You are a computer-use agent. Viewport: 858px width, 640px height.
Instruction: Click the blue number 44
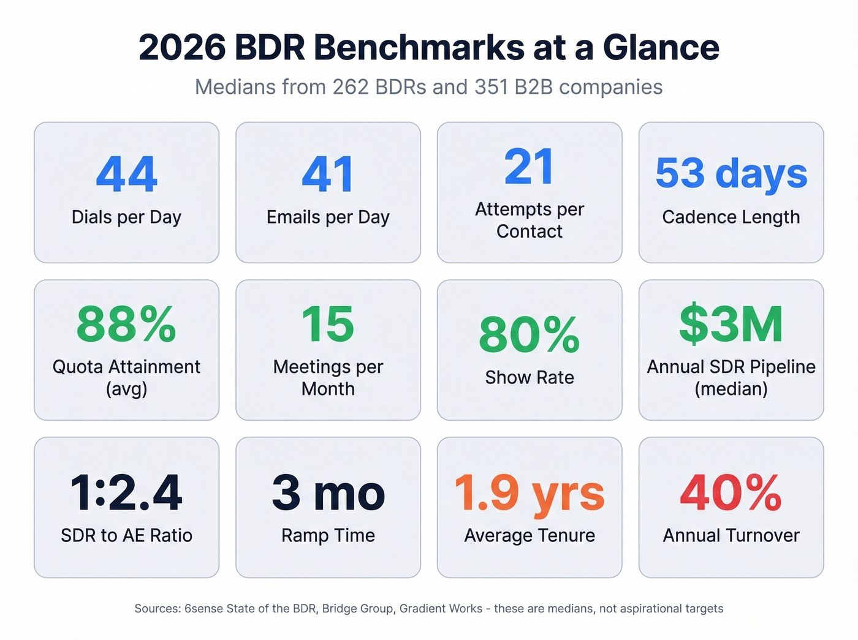click(126, 174)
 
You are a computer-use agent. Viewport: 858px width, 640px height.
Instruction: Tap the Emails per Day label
click(328, 217)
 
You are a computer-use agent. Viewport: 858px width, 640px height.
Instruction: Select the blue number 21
click(529, 167)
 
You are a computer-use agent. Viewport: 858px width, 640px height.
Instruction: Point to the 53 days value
click(731, 173)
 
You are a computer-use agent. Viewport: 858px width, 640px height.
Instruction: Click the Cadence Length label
click(731, 217)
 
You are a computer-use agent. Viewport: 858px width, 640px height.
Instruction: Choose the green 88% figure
click(126, 325)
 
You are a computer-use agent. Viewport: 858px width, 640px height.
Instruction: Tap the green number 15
click(328, 325)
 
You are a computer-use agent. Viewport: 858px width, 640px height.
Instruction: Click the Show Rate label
click(529, 378)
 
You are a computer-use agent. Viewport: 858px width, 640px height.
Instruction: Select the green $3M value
click(731, 325)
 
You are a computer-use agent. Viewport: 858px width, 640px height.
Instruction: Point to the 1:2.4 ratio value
click(126, 493)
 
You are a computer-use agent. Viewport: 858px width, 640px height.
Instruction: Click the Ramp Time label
click(328, 535)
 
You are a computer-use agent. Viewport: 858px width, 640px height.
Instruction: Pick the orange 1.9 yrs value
click(529, 493)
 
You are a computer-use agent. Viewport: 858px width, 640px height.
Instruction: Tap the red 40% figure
click(731, 493)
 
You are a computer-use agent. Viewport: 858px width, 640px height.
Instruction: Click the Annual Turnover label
click(731, 535)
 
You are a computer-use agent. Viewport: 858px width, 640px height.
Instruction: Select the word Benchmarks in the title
click(419, 48)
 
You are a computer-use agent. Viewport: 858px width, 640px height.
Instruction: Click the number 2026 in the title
click(182, 48)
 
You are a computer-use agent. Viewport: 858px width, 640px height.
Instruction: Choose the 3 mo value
click(328, 493)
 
